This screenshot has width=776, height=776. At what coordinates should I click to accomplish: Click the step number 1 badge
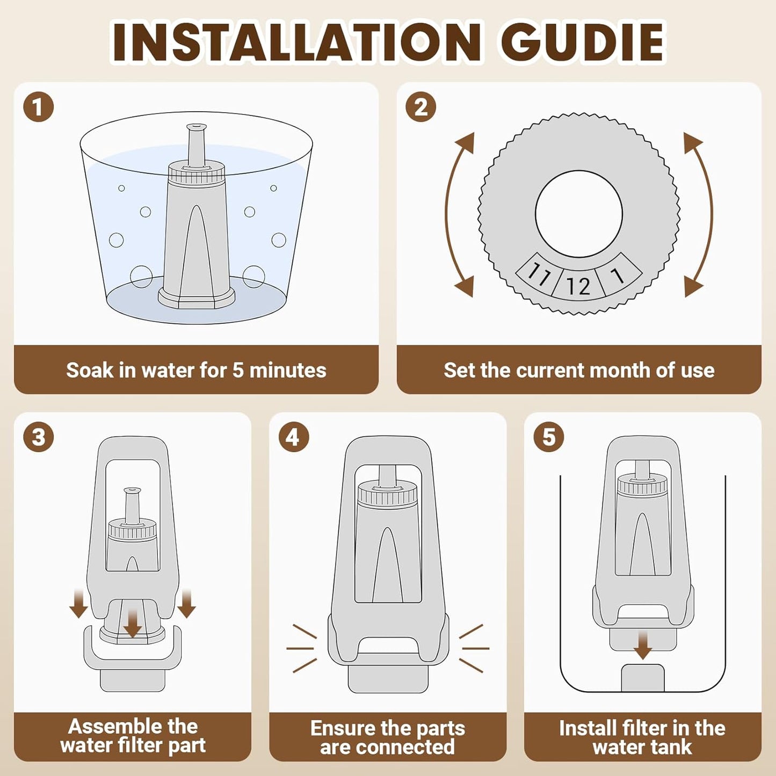[38, 107]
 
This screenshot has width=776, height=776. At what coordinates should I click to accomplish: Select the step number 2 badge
[421, 107]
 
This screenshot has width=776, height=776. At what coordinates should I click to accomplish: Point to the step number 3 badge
[38, 437]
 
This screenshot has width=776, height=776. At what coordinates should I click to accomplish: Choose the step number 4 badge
[294, 437]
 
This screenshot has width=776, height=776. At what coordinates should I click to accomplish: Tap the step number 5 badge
[549, 437]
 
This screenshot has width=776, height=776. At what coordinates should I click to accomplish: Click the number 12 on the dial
[578, 286]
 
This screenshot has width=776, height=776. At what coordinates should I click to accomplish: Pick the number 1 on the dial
[618, 275]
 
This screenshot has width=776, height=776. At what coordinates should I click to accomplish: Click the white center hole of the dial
[579, 213]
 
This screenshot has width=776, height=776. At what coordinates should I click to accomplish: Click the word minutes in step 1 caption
[287, 370]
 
